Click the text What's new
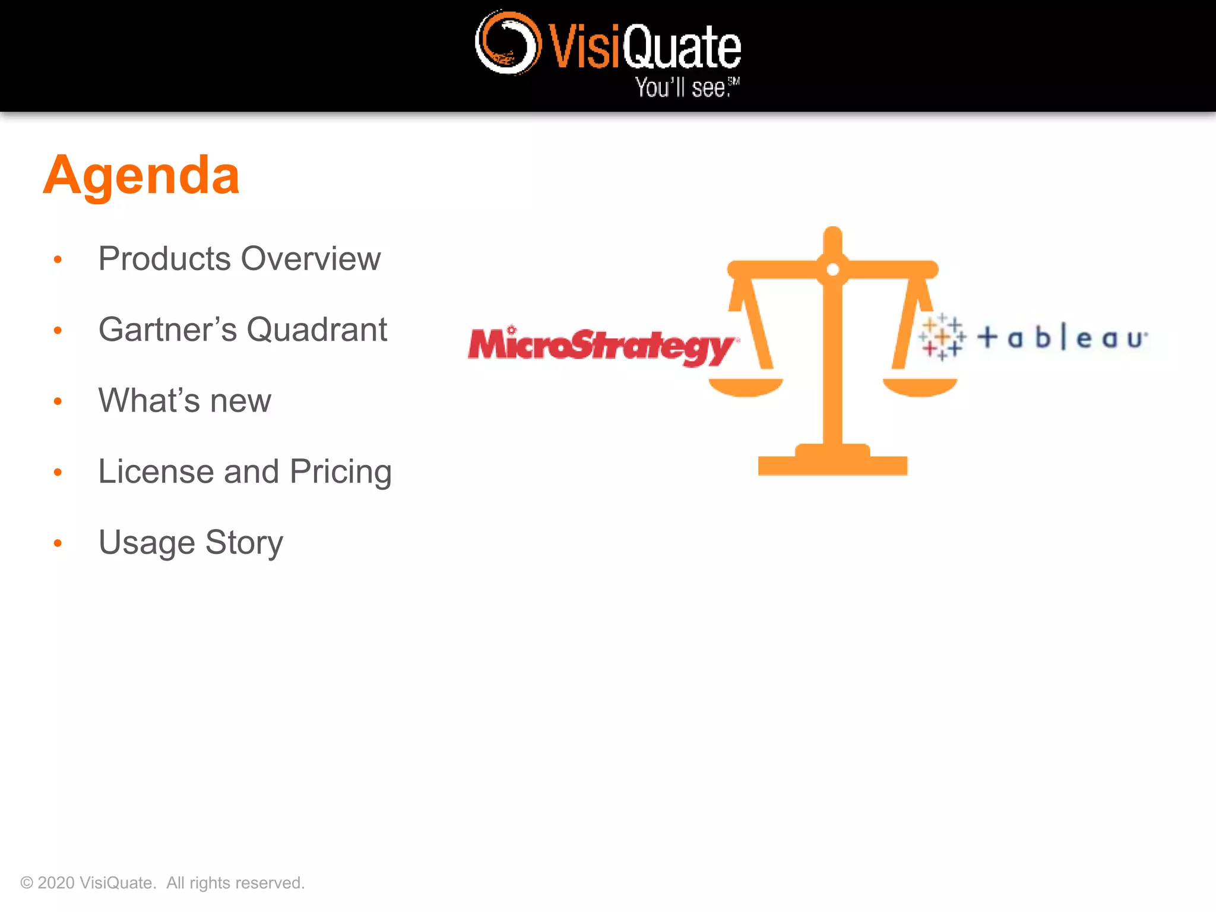click(185, 401)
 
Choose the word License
click(156, 471)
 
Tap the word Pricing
click(340, 473)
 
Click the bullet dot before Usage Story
click(58, 543)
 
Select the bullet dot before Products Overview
click(58, 259)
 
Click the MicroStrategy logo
click(601, 346)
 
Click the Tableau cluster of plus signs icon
click(942, 337)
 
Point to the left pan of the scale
click(746, 387)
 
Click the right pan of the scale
click(920, 387)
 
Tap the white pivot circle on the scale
click(832, 270)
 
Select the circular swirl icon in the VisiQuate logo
click(508, 43)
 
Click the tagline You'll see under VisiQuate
click(686, 88)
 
